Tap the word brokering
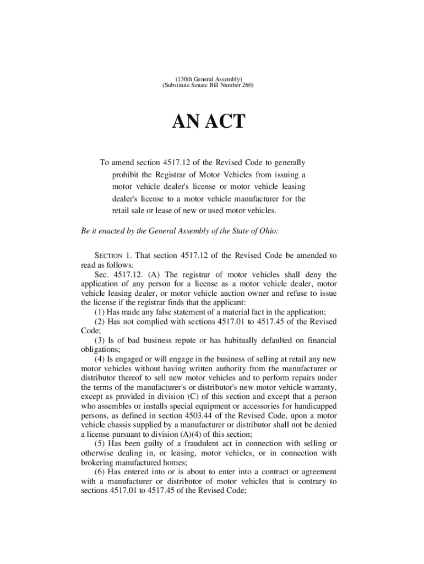[99, 463]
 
